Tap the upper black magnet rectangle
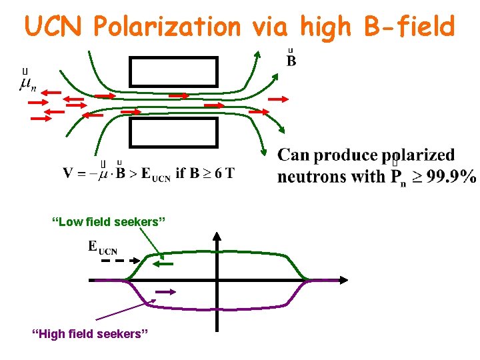(x=173, y=71)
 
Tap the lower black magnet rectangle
(x=173, y=132)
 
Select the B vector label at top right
(x=291, y=61)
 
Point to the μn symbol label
(x=29, y=83)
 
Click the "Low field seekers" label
(x=108, y=221)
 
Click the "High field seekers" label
(x=90, y=333)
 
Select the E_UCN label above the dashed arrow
(x=103, y=248)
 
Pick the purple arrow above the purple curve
(x=166, y=291)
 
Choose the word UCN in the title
(x=55, y=27)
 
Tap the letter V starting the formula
(x=68, y=174)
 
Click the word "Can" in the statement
(x=294, y=155)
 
